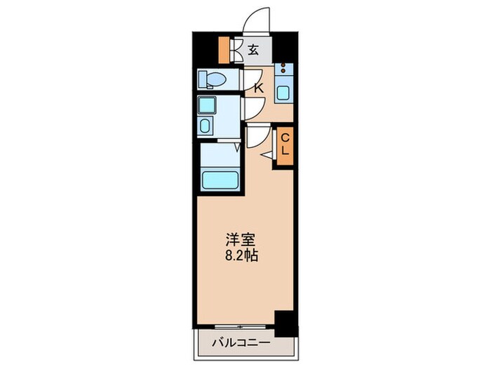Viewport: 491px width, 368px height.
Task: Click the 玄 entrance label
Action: coord(253,50)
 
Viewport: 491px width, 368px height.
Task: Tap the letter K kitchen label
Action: coord(258,88)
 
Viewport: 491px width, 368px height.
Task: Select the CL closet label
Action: coord(285,146)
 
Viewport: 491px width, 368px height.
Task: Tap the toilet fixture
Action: coord(210,80)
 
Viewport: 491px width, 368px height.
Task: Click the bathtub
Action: coord(221,179)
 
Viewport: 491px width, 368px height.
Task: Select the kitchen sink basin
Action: coord(284,92)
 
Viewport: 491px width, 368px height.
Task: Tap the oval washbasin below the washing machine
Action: coord(207,126)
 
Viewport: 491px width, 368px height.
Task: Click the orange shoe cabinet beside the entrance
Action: coord(224,49)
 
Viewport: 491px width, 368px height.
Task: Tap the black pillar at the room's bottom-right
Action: coord(285,320)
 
